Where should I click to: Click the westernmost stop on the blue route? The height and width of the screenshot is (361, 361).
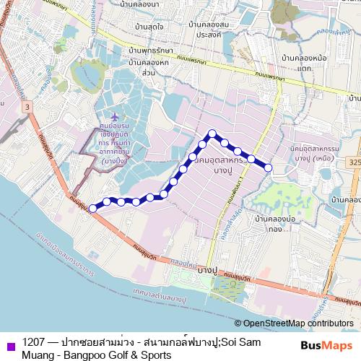coord(92,208)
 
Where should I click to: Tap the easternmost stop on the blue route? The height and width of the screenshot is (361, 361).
coord(268,168)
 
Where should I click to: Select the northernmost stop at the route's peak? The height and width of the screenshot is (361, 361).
coord(212,133)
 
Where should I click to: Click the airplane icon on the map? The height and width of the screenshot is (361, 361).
coord(115,116)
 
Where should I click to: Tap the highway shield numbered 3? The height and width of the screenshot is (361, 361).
coord(27,107)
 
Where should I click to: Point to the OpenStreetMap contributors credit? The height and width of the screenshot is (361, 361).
coord(297,323)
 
